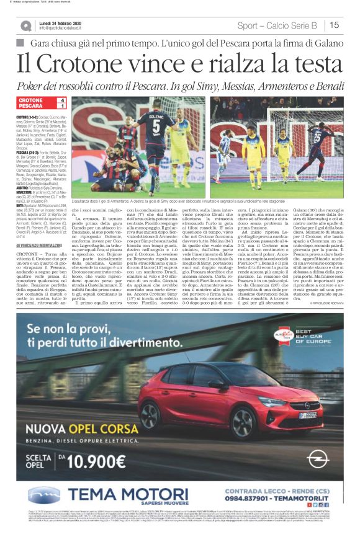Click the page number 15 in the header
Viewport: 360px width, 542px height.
tap(335, 25)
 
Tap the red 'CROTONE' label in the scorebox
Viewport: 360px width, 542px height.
tap(31, 100)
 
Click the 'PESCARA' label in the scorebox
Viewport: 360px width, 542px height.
tap(30, 106)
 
